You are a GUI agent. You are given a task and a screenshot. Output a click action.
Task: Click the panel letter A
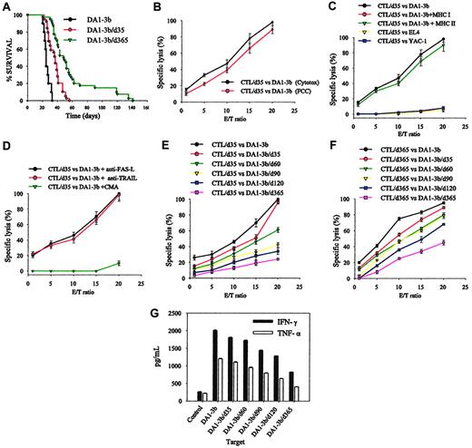[x=6, y=8]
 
